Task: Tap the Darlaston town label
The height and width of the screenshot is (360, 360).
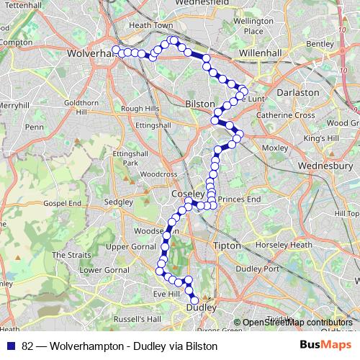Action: (x=298, y=92)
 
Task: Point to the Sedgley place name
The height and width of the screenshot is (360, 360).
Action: (x=120, y=202)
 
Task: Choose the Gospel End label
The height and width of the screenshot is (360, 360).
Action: (x=62, y=204)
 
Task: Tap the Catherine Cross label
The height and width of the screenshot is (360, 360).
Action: (x=286, y=115)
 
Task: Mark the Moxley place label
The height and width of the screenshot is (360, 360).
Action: (x=275, y=148)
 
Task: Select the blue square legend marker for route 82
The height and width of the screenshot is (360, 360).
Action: (x=10, y=346)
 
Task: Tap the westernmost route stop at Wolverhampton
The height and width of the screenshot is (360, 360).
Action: (x=115, y=50)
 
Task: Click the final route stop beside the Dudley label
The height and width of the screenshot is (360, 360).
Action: (x=194, y=301)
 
